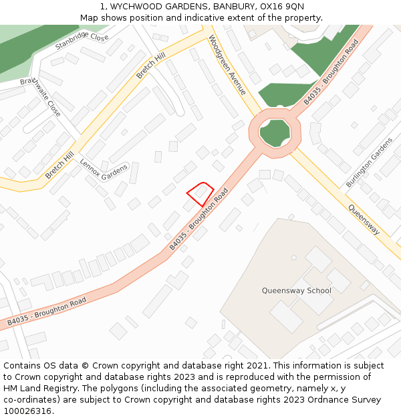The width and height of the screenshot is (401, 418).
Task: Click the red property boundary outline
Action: point(199,194)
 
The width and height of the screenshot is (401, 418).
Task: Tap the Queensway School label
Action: point(296,291)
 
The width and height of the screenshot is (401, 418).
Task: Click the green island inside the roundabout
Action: point(275,133)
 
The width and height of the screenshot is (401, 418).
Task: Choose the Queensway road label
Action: point(364,219)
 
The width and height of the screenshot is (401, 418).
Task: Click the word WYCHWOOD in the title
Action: point(144,6)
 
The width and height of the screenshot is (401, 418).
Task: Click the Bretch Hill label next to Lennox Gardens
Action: point(59,165)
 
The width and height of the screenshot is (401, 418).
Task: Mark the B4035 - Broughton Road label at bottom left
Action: point(47,312)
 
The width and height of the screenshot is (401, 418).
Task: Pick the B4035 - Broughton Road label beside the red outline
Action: point(198,219)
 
